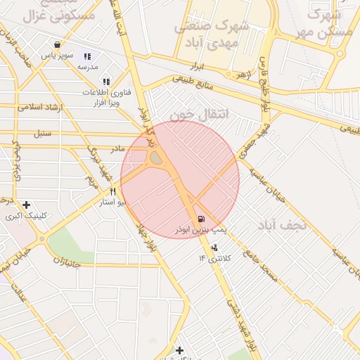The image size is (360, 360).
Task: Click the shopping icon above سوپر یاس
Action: click(56, 44)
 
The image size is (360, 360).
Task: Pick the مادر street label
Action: click(117, 148)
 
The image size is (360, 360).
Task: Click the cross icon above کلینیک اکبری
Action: click(26, 205)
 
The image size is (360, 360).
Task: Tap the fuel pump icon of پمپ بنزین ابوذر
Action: click(202, 219)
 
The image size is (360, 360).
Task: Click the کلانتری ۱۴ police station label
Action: click(214, 259)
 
